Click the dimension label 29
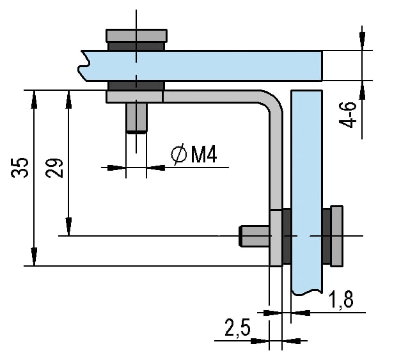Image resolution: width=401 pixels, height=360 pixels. (56, 169)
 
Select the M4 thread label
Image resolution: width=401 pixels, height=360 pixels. (204, 154)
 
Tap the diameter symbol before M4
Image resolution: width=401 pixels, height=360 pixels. (179, 154)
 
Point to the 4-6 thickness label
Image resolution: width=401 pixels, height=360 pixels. (349, 114)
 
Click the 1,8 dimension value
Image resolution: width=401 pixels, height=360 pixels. (341, 298)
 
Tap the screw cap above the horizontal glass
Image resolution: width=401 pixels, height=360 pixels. (136, 35)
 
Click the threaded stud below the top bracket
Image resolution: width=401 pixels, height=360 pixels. (136, 117)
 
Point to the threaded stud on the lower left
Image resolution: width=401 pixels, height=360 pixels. (254, 236)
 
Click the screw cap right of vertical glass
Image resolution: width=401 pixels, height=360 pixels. (336, 235)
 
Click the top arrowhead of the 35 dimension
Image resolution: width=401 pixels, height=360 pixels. (34, 97)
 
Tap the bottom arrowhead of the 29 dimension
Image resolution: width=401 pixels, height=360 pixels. (68, 228)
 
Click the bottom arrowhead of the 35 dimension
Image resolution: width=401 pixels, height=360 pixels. (34, 258)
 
